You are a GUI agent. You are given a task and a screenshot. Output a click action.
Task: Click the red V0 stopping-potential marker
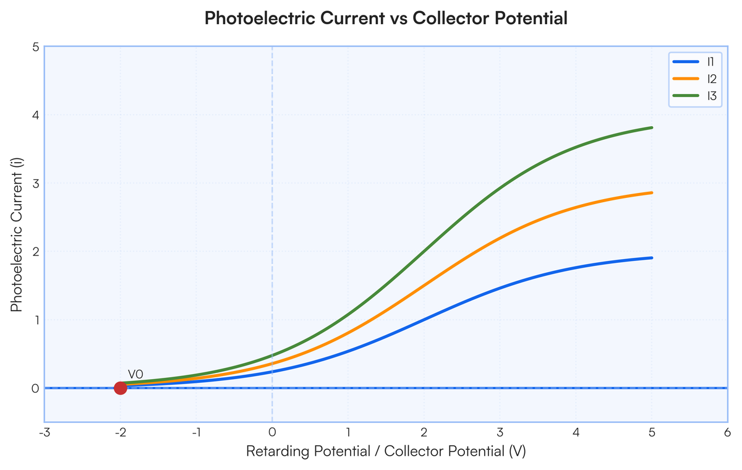point(120,388)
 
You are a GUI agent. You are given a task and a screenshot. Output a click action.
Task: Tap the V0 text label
point(135,375)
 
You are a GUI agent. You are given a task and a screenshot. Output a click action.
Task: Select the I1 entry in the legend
point(694,62)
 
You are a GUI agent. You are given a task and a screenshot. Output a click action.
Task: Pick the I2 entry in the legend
point(694,79)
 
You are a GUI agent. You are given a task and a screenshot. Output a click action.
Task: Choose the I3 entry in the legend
point(694,96)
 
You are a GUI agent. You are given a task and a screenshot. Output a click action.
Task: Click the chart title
point(386,18)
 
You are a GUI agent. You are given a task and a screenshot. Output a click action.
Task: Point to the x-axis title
point(386,451)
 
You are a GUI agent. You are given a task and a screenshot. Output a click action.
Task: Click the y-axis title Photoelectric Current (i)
point(16,235)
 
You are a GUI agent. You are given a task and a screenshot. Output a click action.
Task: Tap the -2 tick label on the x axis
point(120,433)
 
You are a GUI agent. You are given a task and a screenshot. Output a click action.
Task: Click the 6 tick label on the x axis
point(727,433)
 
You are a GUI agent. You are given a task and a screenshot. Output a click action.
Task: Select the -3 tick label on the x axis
point(45,433)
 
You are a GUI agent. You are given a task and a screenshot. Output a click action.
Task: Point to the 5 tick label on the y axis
point(35,47)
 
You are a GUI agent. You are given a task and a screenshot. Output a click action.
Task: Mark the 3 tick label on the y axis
point(35,184)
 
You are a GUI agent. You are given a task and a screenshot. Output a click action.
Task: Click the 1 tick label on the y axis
point(36,320)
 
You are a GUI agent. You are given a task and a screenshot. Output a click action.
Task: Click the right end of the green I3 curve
point(652,128)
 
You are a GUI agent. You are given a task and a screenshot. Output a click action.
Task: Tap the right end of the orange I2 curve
point(652,193)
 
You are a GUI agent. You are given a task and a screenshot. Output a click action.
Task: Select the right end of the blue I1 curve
point(652,258)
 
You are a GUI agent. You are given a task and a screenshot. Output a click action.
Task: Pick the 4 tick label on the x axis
point(576,433)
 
